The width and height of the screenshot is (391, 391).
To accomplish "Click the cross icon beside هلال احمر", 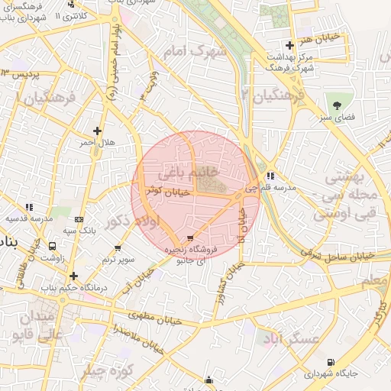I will tap(96, 131).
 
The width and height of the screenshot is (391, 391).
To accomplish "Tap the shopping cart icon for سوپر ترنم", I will tap(118, 248).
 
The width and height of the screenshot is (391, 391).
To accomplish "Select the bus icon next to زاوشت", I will tap(53, 246).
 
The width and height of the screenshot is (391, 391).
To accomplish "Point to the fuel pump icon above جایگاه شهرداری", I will tap(330, 362).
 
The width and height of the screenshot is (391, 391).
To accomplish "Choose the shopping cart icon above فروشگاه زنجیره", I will tap(189, 238).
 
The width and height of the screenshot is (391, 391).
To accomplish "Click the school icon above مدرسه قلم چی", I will tap(270, 176).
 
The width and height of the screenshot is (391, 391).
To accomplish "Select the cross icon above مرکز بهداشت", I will tap(289, 46).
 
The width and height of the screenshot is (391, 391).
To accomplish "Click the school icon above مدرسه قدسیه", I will tap(29, 207).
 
